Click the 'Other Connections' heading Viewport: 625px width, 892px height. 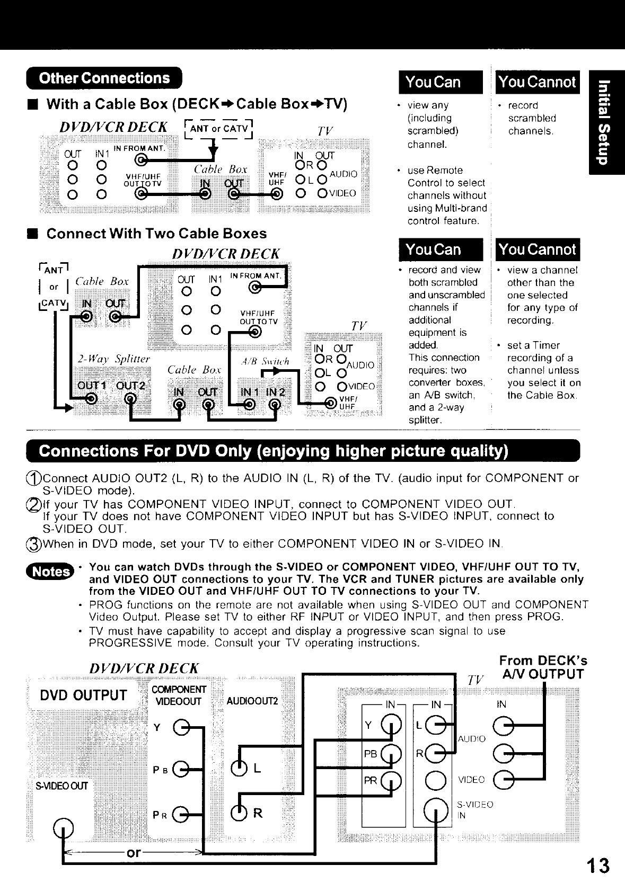point(104,78)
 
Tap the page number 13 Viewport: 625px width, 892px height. point(597,866)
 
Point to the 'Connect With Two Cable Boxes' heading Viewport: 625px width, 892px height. point(156,234)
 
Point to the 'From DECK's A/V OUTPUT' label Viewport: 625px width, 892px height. point(543,667)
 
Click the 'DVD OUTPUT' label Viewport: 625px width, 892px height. point(83,695)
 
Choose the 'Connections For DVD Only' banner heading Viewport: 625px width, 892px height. point(273,451)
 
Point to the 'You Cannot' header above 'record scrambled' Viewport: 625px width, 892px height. point(537,82)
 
